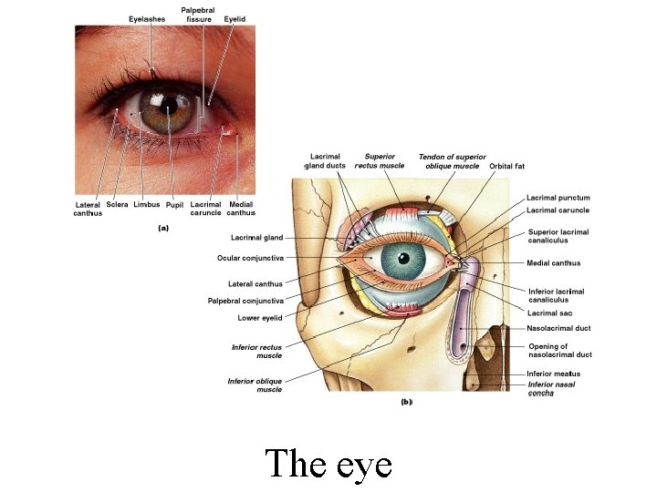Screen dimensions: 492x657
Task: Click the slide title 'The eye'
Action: [328, 465]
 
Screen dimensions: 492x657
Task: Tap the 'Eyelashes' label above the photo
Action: [147, 18]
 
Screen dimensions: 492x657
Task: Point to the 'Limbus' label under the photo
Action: [146, 205]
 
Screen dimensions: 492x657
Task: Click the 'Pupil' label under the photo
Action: [174, 205]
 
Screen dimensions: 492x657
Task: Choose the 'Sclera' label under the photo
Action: [117, 205]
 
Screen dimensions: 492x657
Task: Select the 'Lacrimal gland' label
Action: [256, 238]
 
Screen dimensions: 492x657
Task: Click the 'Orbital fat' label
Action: [506, 167]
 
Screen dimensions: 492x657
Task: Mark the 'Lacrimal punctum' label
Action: [558, 198]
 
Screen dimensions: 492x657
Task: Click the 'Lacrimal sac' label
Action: [549, 313]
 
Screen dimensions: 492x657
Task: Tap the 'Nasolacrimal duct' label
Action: [558, 328]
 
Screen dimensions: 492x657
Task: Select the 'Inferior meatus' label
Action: [553, 374]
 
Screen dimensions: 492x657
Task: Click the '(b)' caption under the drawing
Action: [407, 401]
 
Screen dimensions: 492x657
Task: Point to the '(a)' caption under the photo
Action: [164, 229]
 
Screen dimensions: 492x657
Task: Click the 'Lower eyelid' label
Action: [260, 318]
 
